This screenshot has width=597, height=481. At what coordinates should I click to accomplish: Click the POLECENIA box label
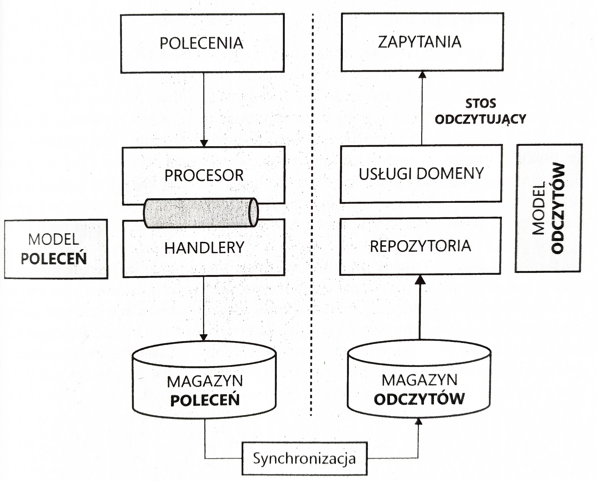pyautogui.click(x=202, y=43)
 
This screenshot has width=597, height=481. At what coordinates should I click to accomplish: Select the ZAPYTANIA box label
pyautogui.click(x=420, y=42)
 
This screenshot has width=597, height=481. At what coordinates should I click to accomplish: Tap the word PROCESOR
pyautogui.click(x=204, y=176)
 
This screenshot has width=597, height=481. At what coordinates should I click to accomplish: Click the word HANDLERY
pyautogui.click(x=204, y=248)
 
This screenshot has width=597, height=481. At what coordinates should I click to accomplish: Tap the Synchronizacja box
pyautogui.click(x=304, y=459)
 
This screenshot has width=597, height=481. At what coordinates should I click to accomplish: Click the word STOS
pyautogui.click(x=480, y=104)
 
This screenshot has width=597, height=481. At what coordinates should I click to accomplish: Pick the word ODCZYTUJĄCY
pyautogui.click(x=480, y=119)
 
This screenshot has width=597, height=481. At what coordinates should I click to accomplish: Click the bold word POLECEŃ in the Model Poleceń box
pyautogui.click(x=54, y=259)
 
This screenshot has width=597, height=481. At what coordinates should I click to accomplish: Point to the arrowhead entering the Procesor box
pyautogui.click(x=204, y=143)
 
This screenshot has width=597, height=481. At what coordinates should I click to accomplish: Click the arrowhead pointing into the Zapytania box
pyautogui.click(x=422, y=75)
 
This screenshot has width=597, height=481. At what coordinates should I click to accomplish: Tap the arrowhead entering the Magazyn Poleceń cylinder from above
pyautogui.click(x=204, y=337)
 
